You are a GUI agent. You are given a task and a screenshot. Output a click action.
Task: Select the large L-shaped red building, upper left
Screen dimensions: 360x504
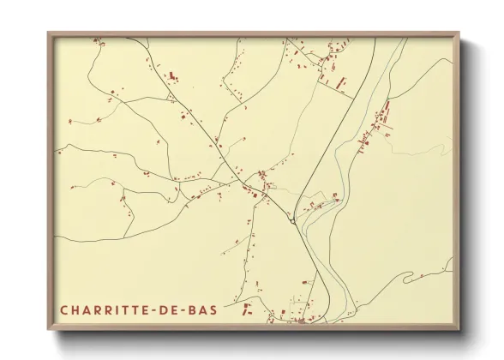coord(172,76)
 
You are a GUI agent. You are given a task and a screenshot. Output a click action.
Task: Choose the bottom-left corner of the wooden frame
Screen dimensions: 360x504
coord(49,330)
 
